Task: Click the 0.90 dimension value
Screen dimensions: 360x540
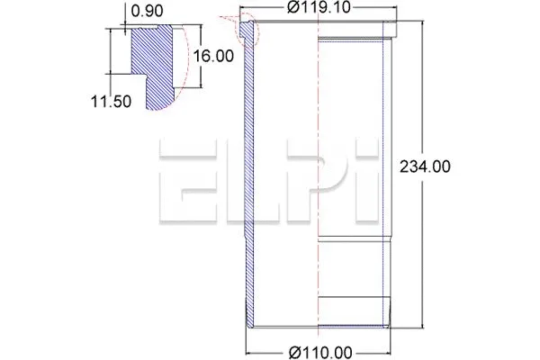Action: (x=147, y=11)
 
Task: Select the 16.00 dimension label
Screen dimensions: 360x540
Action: (x=213, y=56)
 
